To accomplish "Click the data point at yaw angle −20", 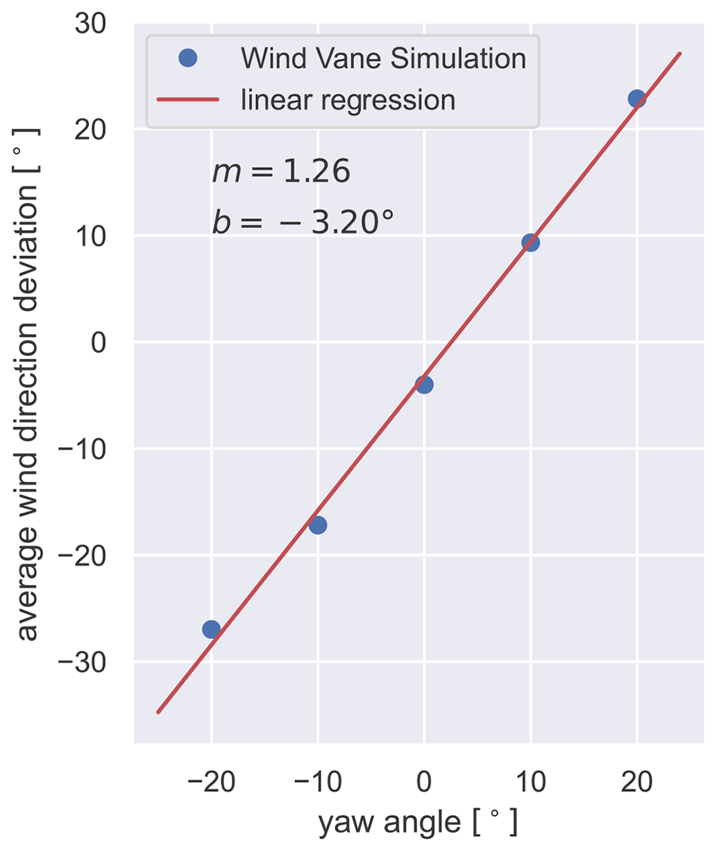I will [x=211, y=629].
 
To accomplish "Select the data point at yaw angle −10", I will [x=318, y=524].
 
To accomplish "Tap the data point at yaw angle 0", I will [x=424, y=384].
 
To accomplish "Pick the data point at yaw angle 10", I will [x=530, y=242].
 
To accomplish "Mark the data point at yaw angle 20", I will [x=636, y=99].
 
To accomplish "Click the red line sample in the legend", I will [x=188, y=101].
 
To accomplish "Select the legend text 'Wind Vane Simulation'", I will [x=383, y=58].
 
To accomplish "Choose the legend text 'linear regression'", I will [x=348, y=101].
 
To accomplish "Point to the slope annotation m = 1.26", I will [x=281, y=172].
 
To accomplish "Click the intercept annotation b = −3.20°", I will [x=303, y=222].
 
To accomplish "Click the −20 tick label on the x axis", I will [x=211, y=783].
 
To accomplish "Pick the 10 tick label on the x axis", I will [x=530, y=783].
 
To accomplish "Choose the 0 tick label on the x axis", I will [x=424, y=783].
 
